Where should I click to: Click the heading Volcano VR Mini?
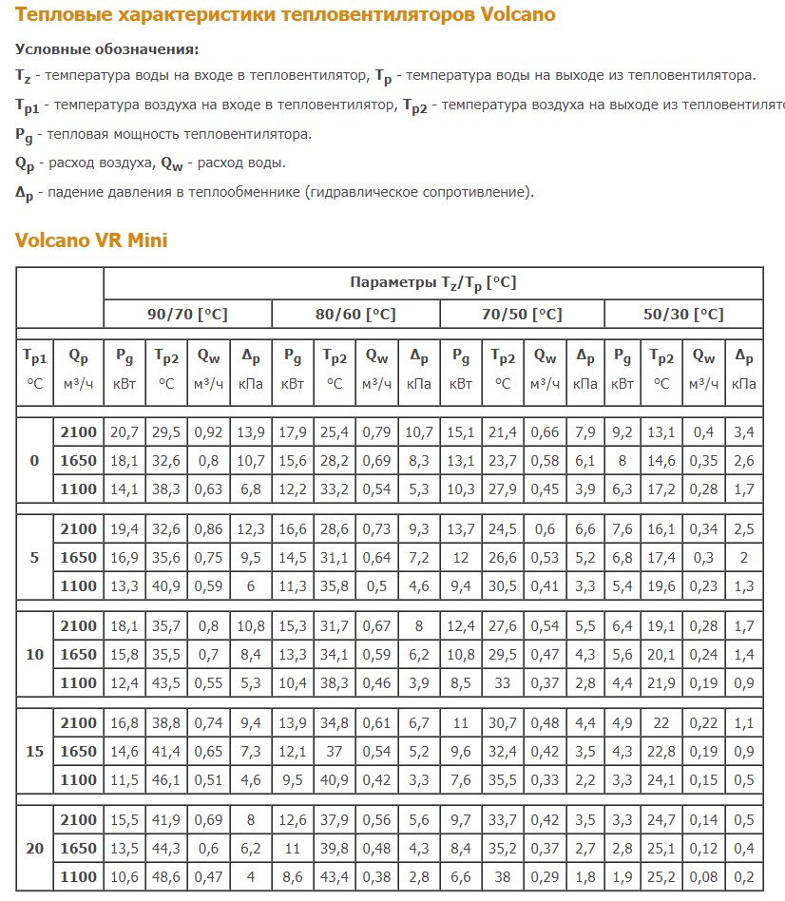(x=91, y=240)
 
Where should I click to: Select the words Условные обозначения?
(x=107, y=49)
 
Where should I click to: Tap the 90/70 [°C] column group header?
(x=187, y=315)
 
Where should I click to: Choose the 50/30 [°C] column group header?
(x=683, y=315)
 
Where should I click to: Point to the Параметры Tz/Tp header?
(x=432, y=283)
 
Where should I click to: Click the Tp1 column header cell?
(x=35, y=369)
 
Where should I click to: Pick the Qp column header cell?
(x=78, y=369)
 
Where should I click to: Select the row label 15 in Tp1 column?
(x=35, y=751)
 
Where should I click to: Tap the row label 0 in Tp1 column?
(x=35, y=461)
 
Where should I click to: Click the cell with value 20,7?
(x=124, y=432)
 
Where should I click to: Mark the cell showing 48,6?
(x=166, y=876)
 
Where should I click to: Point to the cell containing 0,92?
(x=209, y=432)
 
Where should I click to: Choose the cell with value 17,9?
(x=293, y=432)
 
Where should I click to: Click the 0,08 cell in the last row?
(x=703, y=876)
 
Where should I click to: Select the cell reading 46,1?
(x=166, y=779)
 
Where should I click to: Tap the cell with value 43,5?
(x=166, y=682)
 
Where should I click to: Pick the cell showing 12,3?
(x=251, y=529)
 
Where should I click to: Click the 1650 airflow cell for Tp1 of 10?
(x=78, y=654)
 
